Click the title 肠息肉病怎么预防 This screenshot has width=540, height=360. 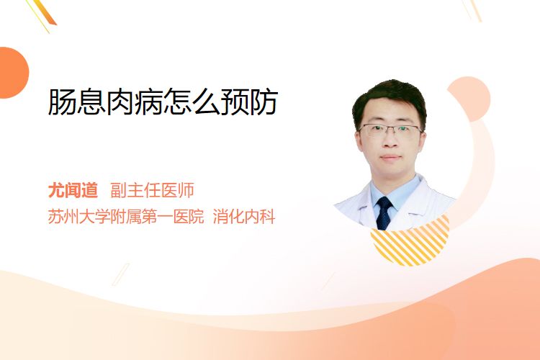tap(163, 102)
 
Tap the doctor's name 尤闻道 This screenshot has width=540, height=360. tap(73, 190)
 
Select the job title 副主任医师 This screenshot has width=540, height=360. tap(152, 190)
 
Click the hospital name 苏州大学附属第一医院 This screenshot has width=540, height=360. tap(126, 217)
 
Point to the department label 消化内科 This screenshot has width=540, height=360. tap(244, 217)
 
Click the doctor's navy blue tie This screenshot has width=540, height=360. tap(384, 213)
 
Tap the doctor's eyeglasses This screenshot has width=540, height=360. tap(390, 130)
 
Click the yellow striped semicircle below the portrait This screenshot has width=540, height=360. tap(410, 243)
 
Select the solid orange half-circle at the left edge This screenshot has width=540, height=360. tap(14, 73)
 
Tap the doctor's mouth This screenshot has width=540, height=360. tap(390, 158)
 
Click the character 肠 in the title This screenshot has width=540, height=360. tap(63, 102)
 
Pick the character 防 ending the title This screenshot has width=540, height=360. tap(264, 102)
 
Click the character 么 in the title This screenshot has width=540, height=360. tap(207, 102)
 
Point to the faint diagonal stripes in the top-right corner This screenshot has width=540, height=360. tap(472, 9)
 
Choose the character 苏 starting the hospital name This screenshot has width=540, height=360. tap(55, 217)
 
